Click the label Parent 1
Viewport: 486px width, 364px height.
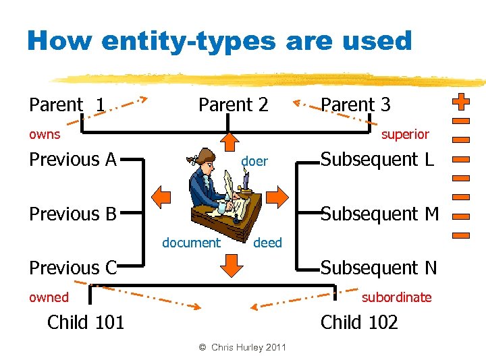pos(66,105)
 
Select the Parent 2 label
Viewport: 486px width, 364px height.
pos(233,105)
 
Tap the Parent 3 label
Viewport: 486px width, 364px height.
pos(355,105)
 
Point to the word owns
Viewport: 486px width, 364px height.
pos(45,134)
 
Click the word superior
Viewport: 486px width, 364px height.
pos(405,134)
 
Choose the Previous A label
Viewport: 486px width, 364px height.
pos(73,160)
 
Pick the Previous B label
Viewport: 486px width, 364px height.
pos(73,214)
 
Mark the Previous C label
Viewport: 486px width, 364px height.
pos(73,268)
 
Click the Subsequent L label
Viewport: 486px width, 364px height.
pos(379,160)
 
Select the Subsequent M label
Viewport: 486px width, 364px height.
pos(379,214)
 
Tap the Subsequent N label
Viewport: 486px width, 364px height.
pos(379,268)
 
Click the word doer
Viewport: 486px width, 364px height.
pos(254,161)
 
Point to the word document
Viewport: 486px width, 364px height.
pos(191,243)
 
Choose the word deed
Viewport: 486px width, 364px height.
pos(267,243)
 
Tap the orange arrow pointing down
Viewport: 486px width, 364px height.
pos(232,266)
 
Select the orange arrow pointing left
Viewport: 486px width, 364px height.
pos(161,197)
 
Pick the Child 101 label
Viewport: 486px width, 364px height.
pos(86,322)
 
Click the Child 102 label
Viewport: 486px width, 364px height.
pos(359,322)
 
